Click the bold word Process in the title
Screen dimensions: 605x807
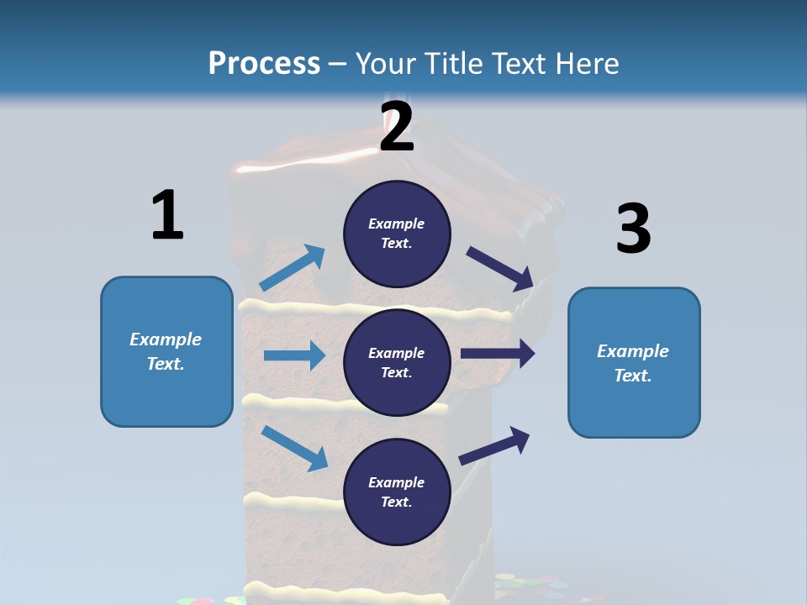click(264, 63)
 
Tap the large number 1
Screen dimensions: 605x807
click(166, 215)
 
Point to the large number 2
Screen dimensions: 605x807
click(397, 127)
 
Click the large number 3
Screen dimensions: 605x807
click(633, 229)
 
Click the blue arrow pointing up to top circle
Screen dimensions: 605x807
click(292, 268)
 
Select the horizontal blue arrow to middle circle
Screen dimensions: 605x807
click(294, 355)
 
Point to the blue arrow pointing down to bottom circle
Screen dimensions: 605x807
click(294, 447)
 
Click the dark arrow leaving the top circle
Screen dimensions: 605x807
click(500, 268)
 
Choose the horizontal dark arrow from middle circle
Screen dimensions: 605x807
click(498, 354)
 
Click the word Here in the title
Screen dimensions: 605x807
click(586, 63)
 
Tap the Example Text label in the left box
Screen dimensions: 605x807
click(166, 351)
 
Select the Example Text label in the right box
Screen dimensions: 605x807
click(633, 363)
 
